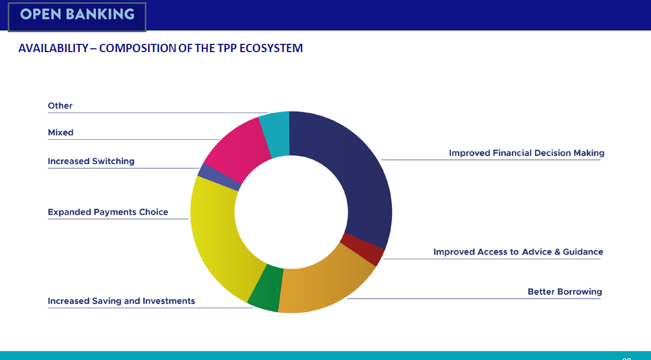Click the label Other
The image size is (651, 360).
pyautogui.click(x=60, y=105)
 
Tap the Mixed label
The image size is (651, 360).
pyautogui.click(x=60, y=133)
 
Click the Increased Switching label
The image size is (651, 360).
pyautogui.click(x=91, y=161)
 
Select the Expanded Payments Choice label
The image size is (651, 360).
pyautogui.click(x=108, y=212)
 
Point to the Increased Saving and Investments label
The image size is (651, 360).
pyautogui.click(x=121, y=301)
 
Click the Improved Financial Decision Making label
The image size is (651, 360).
pyautogui.click(x=526, y=153)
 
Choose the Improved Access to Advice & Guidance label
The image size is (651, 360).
pyautogui.click(x=518, y=252)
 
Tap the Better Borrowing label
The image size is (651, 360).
pyautogui.click(x=564, y=292)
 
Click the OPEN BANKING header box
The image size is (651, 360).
pyautogui.click(x=77, y=16)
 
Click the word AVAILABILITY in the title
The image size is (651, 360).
pyautogui.click(x=53, y=48)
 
